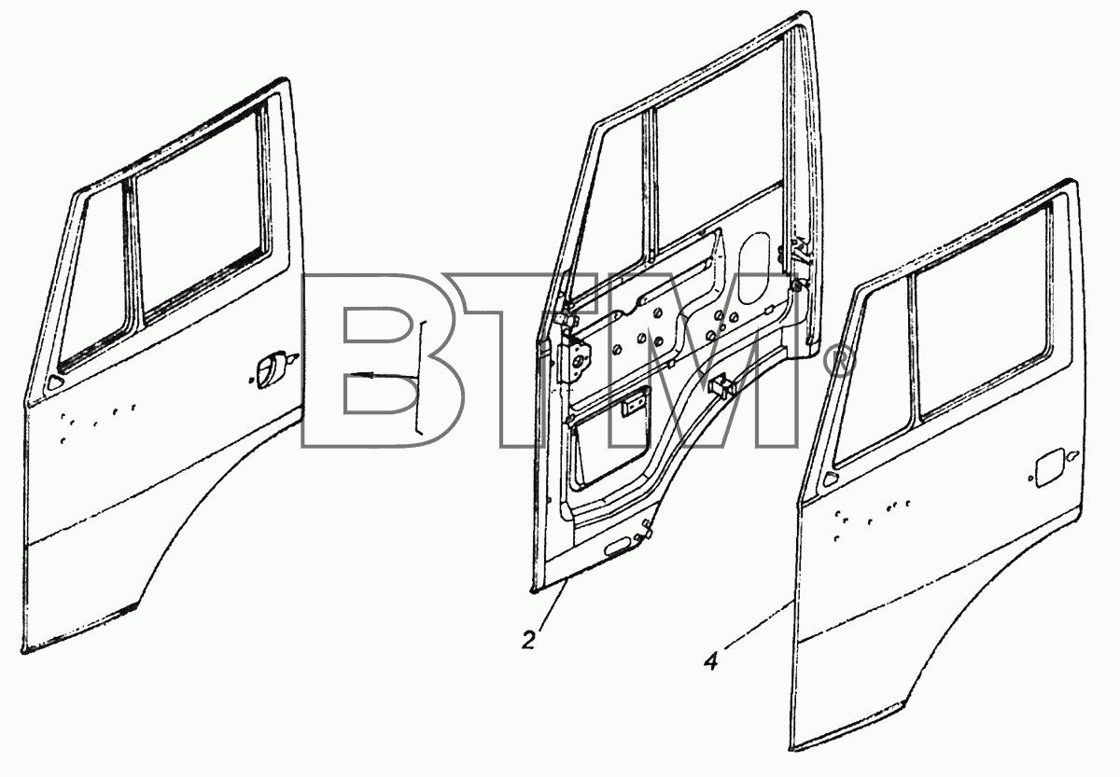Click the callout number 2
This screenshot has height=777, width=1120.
(x=528, y=640)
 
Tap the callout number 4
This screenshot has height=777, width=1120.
(x=710, y=662)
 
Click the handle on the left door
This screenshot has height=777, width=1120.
(x=270, y=369)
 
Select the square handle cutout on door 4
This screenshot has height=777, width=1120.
(x=1049, y=468)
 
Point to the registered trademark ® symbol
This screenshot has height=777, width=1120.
(x=837, y=362)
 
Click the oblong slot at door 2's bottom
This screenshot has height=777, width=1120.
(x=619, y=549)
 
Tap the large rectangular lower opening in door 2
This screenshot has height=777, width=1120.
(x=611, y=440)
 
